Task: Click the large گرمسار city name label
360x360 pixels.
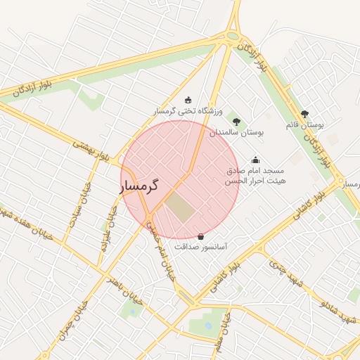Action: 140,186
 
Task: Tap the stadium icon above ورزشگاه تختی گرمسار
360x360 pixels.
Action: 188,101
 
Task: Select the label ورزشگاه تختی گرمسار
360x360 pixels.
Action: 188,111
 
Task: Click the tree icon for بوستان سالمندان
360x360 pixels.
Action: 236,122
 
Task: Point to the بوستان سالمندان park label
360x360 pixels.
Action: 236,132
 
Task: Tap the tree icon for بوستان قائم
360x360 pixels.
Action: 304,114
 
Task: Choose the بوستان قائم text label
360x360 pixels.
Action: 304,124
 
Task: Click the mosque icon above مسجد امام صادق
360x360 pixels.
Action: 255,160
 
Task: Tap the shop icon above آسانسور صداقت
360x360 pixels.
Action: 201,236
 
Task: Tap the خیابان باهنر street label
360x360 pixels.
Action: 124,290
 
